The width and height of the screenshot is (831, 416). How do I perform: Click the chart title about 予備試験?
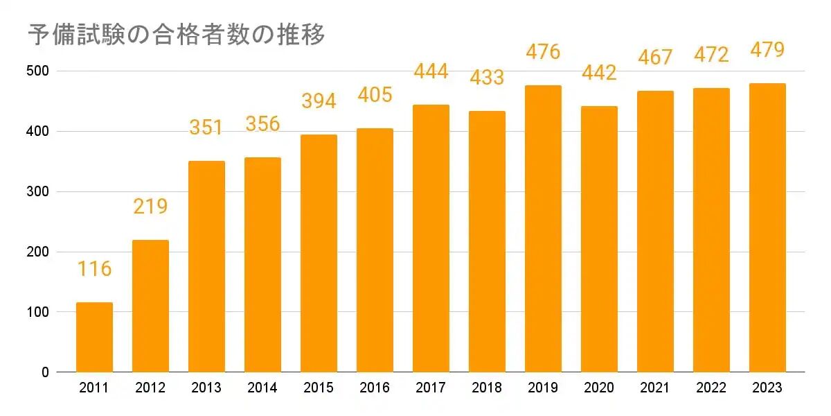176,35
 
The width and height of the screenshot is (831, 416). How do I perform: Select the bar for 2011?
94,337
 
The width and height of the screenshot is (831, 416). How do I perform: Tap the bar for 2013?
206,266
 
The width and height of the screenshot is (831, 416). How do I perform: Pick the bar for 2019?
543,229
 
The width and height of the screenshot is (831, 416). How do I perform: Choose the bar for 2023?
767,227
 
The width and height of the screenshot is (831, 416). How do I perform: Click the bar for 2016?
375,250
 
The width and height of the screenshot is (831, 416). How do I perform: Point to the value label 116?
94,269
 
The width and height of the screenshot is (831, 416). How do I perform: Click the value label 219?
150,207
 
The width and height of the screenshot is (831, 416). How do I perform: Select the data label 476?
543,52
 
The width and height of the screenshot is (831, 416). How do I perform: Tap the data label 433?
487,77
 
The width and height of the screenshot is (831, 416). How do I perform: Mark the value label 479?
767,50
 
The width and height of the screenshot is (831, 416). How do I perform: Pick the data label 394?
319,101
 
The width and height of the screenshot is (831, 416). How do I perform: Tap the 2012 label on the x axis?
150,388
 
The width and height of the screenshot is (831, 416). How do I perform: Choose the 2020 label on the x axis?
599,388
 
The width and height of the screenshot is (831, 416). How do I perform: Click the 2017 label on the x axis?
431,388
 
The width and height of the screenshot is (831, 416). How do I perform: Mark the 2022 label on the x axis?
711,388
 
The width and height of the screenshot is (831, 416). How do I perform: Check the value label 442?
599,73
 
